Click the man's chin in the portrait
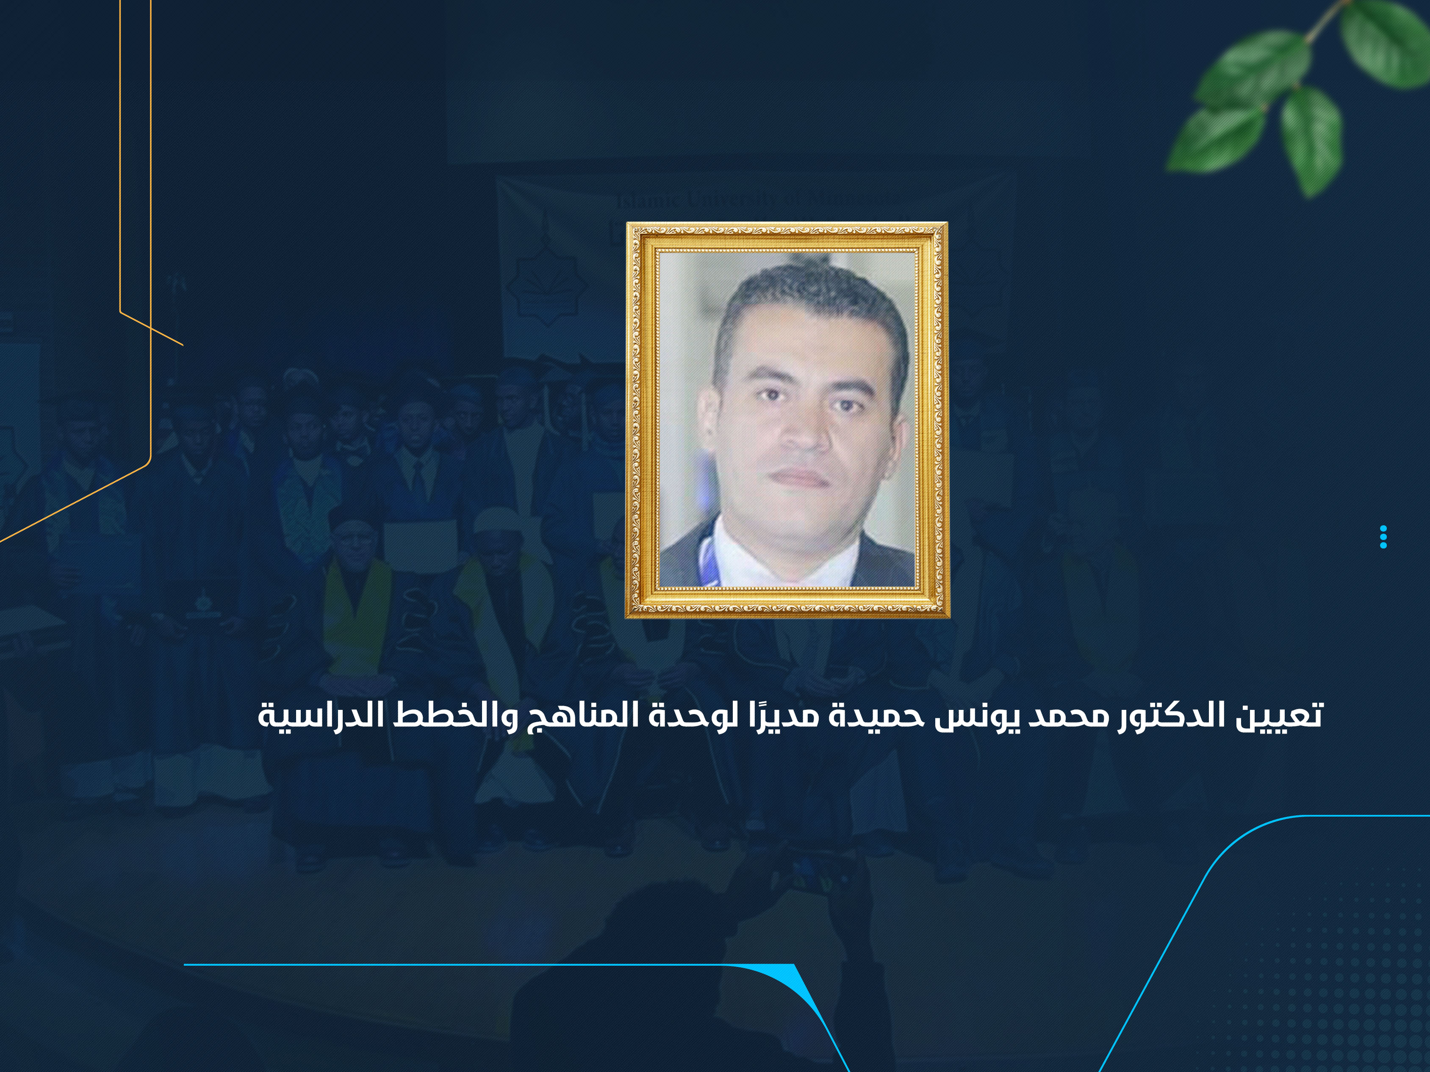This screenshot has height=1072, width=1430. [x=802, y=517]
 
